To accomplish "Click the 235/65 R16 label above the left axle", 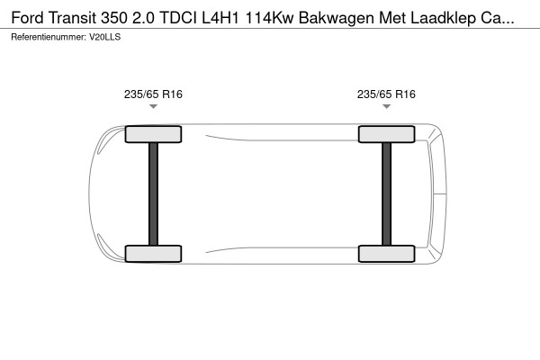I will coord(153,94).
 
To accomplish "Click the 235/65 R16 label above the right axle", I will coord(387,94).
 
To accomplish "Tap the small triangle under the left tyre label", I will coord(153,107).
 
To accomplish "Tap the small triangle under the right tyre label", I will coord(387,107).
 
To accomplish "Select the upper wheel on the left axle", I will coord(153,134).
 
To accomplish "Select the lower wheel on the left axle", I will coord(153,253).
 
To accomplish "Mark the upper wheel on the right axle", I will coord(387,134).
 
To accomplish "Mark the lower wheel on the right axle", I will coord(387,253).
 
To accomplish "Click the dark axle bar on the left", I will coord(153,193).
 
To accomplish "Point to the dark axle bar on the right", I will coord(387,193).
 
